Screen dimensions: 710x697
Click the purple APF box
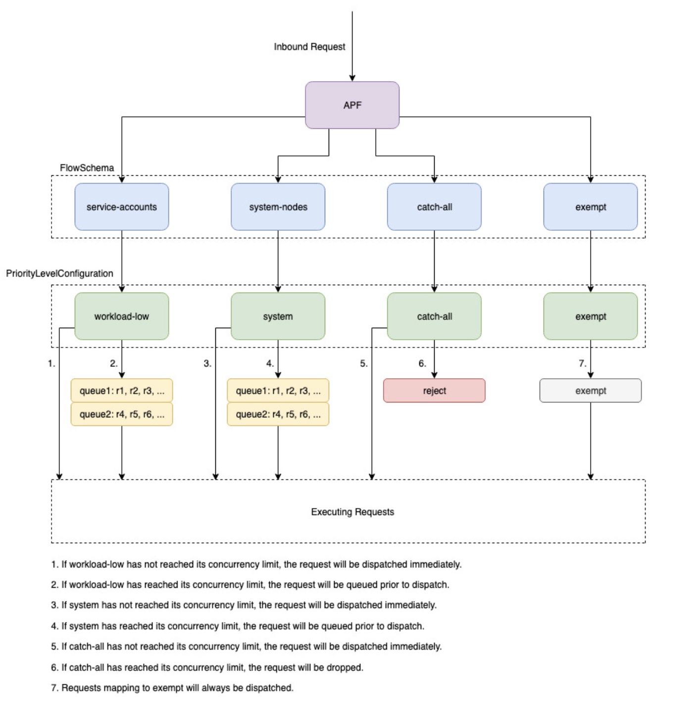click(352, 105)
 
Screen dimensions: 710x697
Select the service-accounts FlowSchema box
click(121, 207)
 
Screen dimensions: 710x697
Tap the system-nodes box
click(278, 207)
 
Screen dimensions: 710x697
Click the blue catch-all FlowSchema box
click(434, 207)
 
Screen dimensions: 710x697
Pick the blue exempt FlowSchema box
click(590, 207)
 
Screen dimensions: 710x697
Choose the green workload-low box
click(121, 316)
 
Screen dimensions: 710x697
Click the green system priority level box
click(278, 316)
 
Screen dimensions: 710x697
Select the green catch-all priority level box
click(434, 316)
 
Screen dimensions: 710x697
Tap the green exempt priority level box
click(590, 316)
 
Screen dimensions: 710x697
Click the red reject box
click(434, 391)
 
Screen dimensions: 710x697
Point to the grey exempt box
click(590, 391)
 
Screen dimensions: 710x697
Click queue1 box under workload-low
click(122, 391)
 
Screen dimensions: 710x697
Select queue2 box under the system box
click(278, 414)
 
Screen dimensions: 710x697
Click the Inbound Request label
click(309, 47)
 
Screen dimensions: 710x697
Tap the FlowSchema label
click(87, 168)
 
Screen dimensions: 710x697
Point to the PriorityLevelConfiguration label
click(59, 273)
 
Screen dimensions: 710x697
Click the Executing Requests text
click(352, 512)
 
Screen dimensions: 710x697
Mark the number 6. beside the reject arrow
click(422, 363)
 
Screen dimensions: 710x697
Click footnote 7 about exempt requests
click(172, 688)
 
